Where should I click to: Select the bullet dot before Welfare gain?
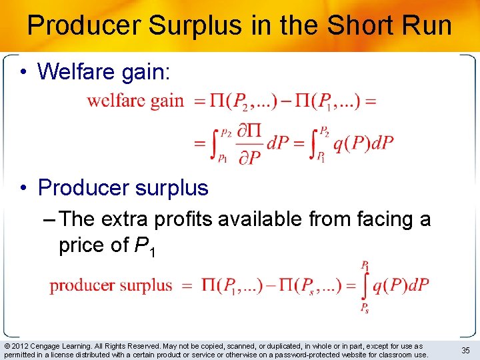(23, 71)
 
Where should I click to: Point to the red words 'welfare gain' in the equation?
(135, 101)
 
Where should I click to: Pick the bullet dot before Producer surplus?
(23, 188)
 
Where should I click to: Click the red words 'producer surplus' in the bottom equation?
(111, 285)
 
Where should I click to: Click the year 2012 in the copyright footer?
(21, 346)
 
